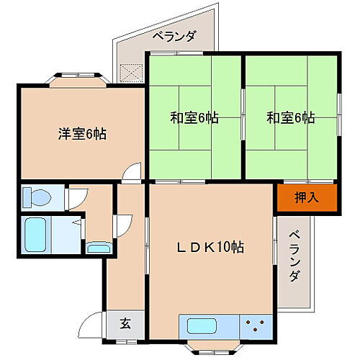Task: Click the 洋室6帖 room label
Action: pos(82,133)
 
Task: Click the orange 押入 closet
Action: pos(307,197)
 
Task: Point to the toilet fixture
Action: pos(34,196)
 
